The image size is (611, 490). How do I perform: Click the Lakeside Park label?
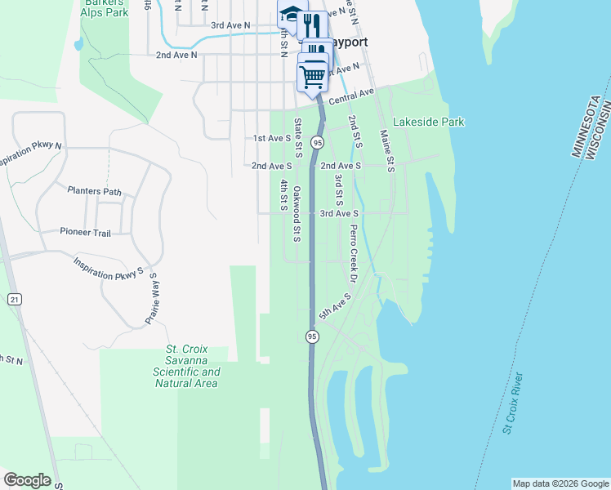pos(428,122)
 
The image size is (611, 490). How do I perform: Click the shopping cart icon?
pos(313,76)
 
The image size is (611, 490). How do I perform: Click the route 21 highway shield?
pos(15,300)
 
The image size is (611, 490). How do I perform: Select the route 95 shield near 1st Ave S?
pos(318,142)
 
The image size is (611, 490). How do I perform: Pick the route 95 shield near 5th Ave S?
pos(312,336)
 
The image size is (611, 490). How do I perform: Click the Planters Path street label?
pos(95,192)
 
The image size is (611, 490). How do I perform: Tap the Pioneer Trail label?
pos(85,232)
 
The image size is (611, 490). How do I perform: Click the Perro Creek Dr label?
pos(354,254)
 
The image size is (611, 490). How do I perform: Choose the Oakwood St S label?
pos(297,214)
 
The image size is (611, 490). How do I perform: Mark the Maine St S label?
pos(387,150)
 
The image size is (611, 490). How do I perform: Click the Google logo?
pos(27,480)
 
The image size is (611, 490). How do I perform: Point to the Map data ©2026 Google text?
pos(560,483)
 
